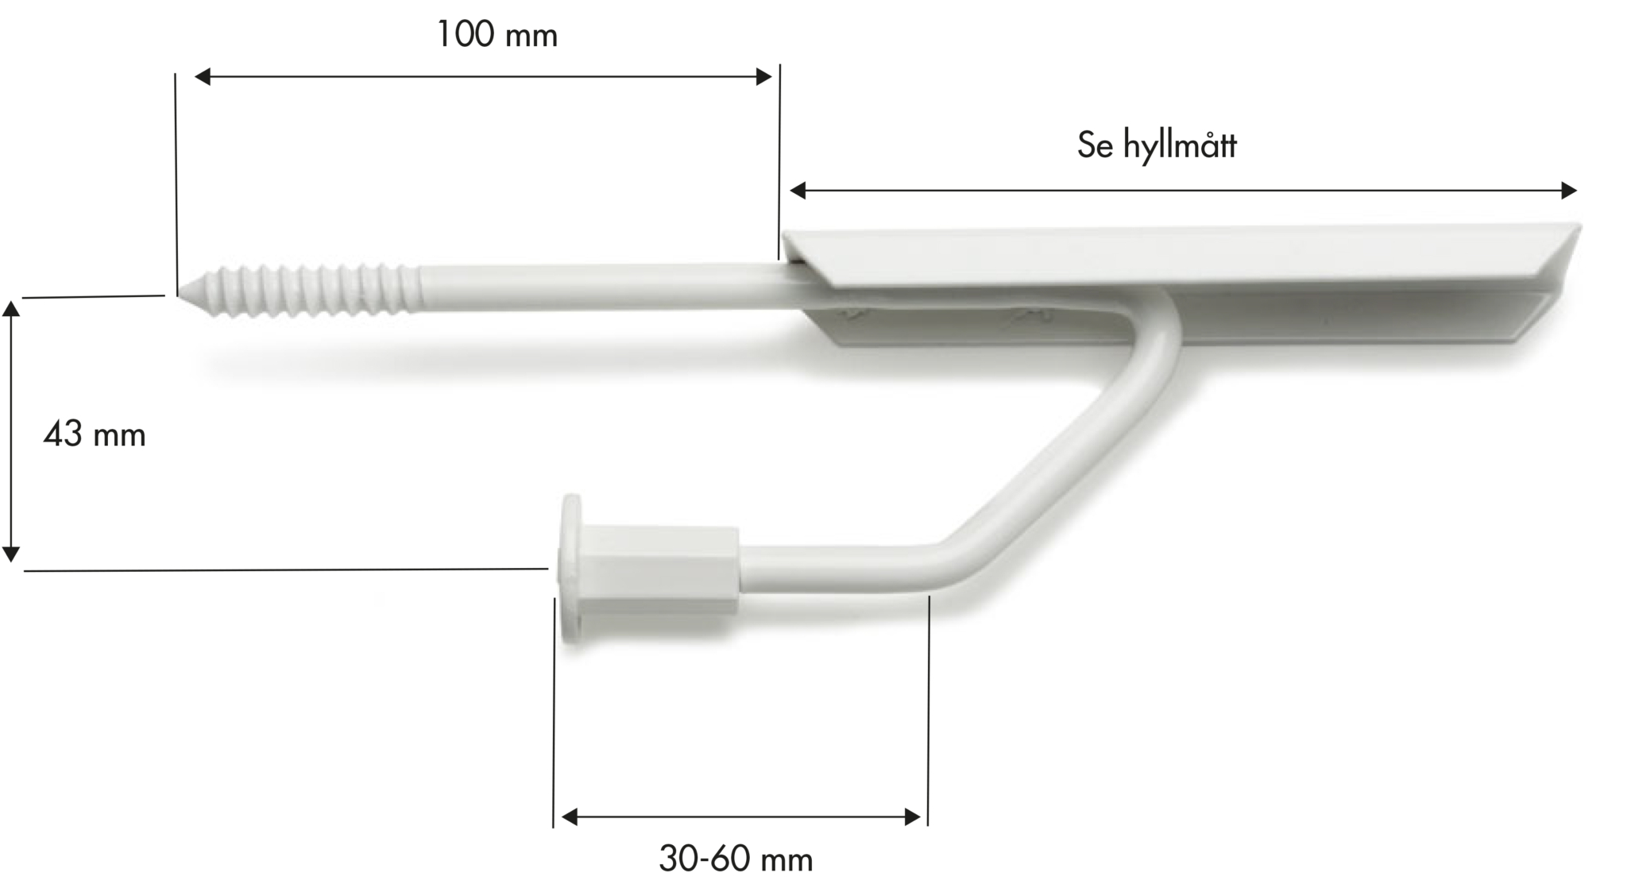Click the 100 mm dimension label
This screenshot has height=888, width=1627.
coord(497,35)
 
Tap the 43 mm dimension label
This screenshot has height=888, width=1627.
coord(95,434)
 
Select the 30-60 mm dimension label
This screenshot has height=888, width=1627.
coord(736,859)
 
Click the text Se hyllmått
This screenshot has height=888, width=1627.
coord(1157,145)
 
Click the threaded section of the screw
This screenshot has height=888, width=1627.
coord(310,291)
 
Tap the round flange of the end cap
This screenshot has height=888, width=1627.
coord(571,568)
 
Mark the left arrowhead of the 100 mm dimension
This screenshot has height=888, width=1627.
coord(203,76)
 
